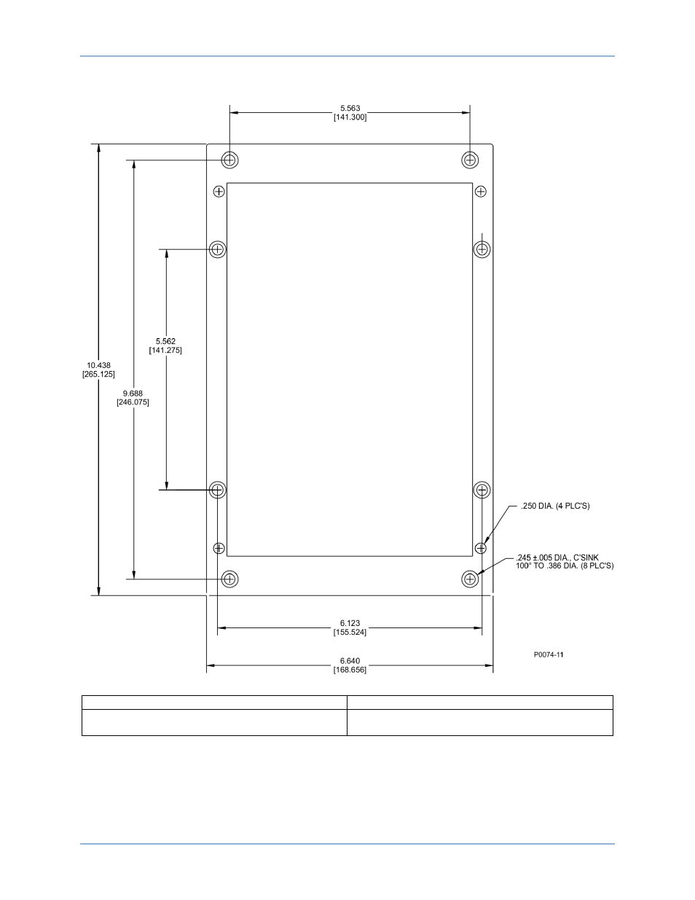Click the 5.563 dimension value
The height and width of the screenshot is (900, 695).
coord(350,109)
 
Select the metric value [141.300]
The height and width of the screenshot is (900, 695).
coord(350,117)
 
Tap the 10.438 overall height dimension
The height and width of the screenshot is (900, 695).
coord(98,365)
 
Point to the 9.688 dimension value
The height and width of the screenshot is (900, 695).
coord(133,394)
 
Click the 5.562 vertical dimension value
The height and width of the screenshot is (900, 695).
coord(165,341)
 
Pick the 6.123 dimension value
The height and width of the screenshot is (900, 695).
coord(350,623)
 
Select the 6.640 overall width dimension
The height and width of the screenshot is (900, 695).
coord(350,661)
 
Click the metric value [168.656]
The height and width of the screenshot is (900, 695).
coord(350,670)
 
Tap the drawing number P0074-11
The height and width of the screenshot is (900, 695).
coord(548,654)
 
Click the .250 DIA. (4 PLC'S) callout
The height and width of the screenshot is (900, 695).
coord(555,506)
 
